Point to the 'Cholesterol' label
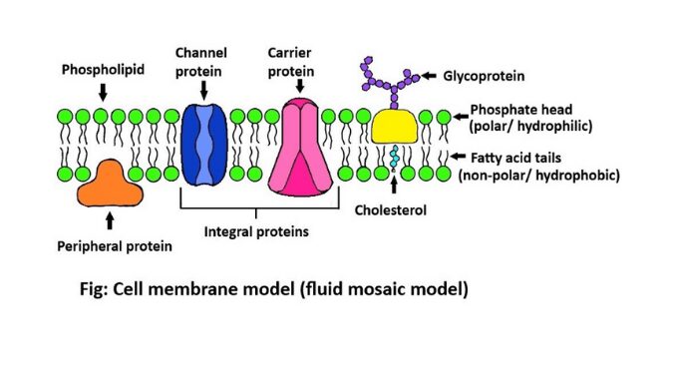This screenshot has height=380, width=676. pos(390,210)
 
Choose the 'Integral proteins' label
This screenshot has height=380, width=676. pos(256,231)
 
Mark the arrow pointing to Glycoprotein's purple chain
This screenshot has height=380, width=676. pos(430,76)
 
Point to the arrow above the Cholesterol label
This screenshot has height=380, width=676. pos(396,186)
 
